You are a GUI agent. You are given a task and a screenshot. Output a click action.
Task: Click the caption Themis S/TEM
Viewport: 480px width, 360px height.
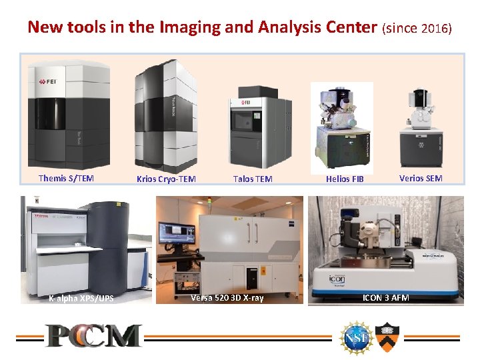(66, 178)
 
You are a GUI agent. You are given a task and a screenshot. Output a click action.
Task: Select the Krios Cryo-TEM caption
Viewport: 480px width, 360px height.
(166, 179)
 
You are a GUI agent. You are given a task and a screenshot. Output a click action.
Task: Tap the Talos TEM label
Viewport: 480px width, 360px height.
(253, 179)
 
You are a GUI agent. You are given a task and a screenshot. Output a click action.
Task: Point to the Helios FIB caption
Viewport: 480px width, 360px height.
(345, 179)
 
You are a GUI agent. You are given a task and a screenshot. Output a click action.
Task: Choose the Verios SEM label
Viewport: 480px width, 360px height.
(421, 178)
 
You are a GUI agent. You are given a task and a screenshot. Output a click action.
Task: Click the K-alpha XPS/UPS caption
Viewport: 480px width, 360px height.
(81, 298)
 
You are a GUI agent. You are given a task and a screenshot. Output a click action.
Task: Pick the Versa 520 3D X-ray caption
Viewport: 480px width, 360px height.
(227, 297)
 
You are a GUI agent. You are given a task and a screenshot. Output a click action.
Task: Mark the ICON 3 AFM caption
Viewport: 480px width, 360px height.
(385, 297)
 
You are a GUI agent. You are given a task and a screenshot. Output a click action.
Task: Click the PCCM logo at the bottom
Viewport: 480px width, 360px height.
(93, 335)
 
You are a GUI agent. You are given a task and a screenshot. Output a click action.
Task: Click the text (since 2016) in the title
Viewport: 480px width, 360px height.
(417, 29)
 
